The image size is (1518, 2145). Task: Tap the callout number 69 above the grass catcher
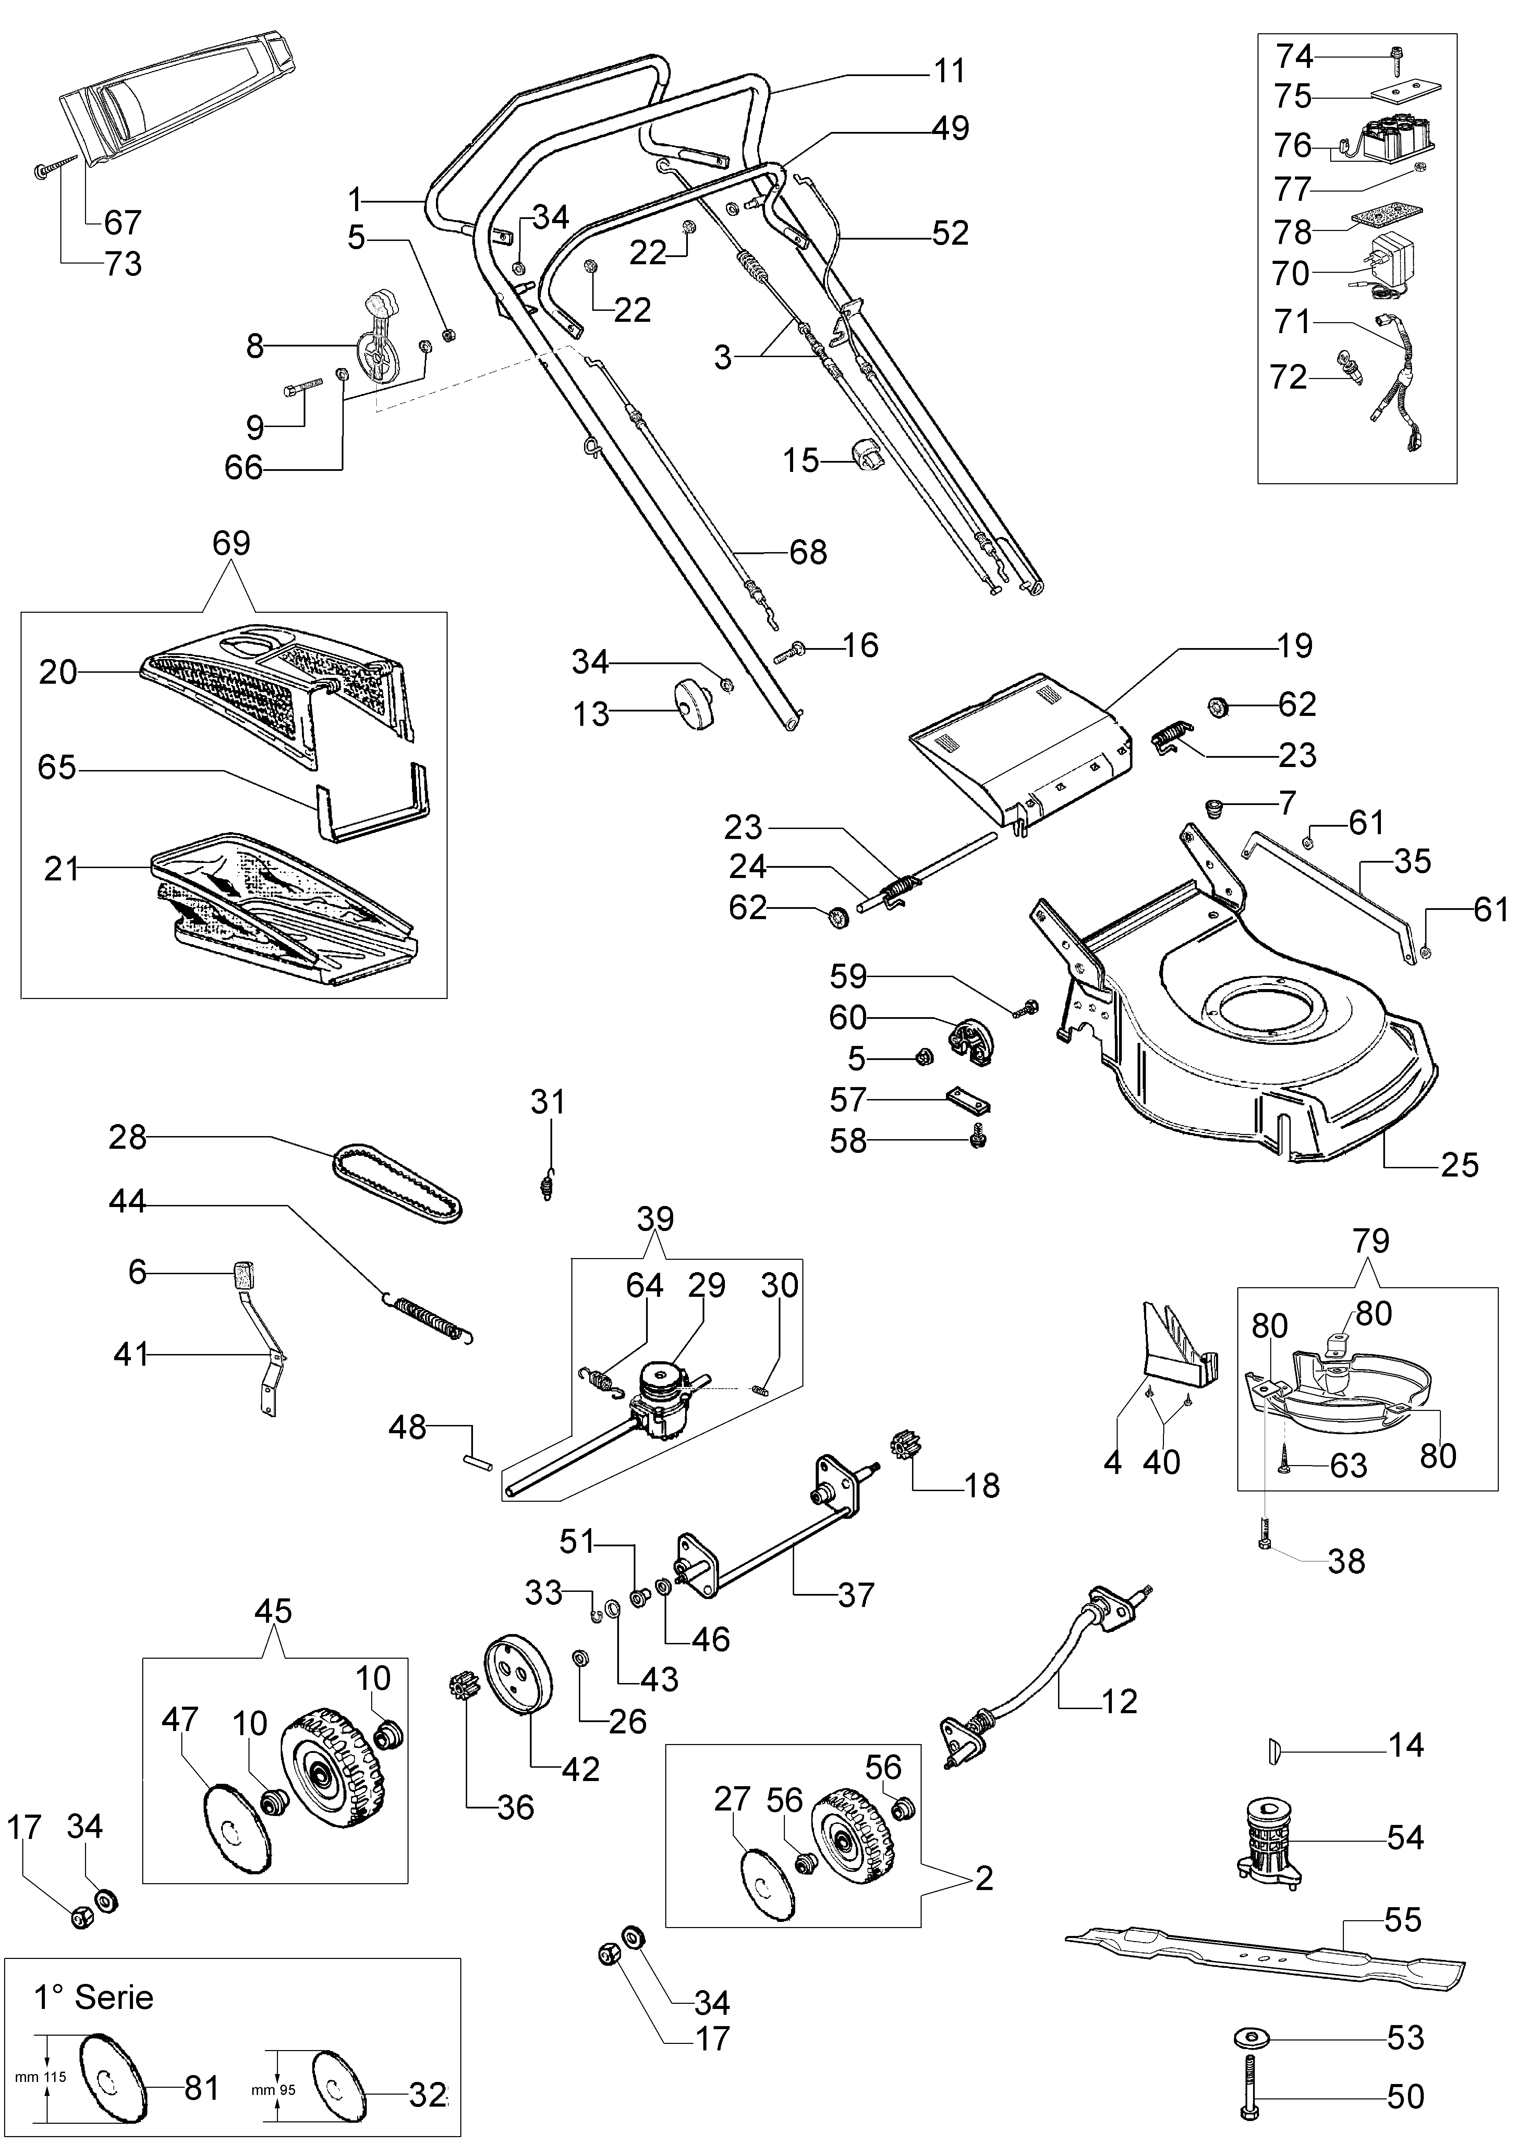pos(231,543)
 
